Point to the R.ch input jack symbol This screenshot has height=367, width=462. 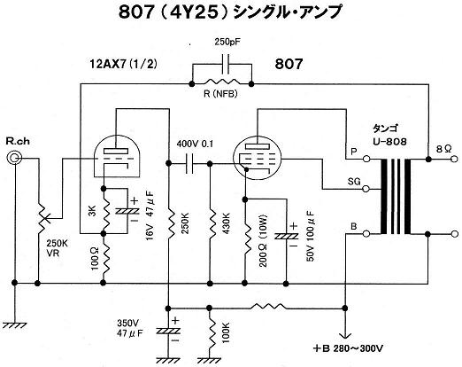(14, 160)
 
